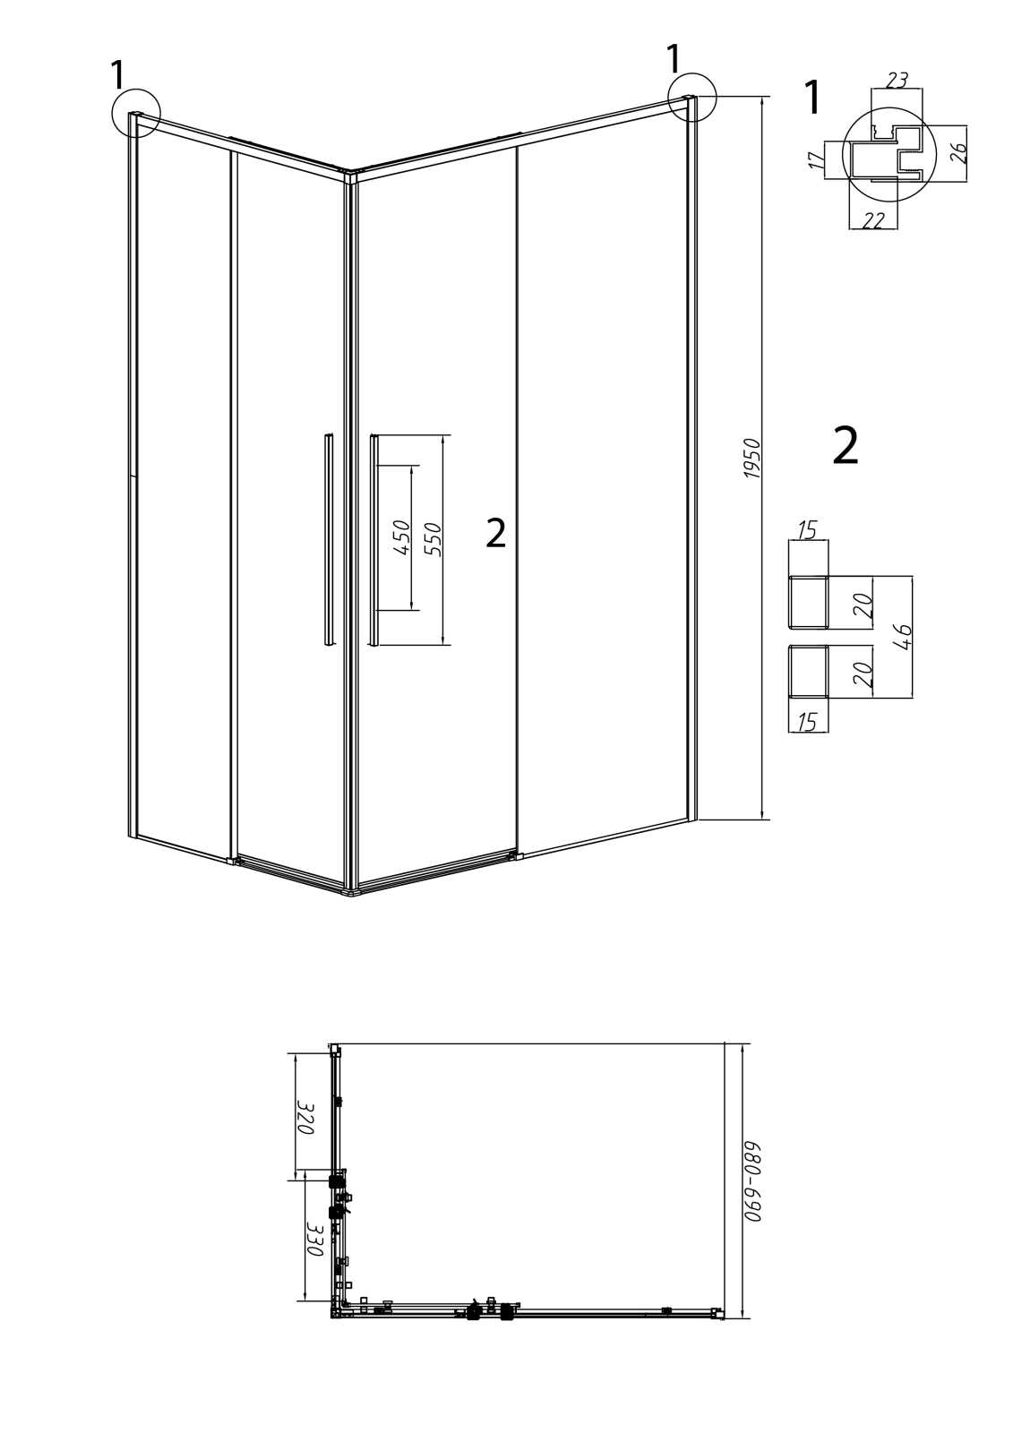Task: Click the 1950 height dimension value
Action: click(x=751, y=458)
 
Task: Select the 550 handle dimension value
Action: click(x=433, y=539)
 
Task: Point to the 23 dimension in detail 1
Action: click(x=897, y=80)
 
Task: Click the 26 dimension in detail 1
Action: click(x=957, y=153)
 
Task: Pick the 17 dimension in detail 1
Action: click(x=816, y=160)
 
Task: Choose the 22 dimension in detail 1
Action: click(x=873, y=219)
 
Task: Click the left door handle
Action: click(x=329, y=538)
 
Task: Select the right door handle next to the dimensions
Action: click(x=374, y=541)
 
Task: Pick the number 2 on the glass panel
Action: click(x=496, y=532)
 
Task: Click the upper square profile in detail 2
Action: click(x=808, y=601)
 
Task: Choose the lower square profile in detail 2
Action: click(x=808, y=671)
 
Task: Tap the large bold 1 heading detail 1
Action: click(x=812, y=98)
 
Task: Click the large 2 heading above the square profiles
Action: click(x=846, y=447)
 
